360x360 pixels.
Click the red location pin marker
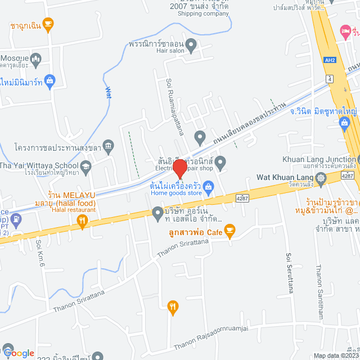pyautogui.click(x=179, y=168)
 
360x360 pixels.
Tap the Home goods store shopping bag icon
pyautogui.click(x=208, y=185)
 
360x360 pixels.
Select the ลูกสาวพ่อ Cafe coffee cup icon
pyautogui.click(x=229, y=229)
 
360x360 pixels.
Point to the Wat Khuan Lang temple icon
pyautogui.click(x=321, y=179)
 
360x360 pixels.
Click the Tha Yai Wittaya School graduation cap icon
pyautogui.click(x=85, y=166)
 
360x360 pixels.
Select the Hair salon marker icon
pyautogui.click(x=191, y=43)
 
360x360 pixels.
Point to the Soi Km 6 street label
pyautogui.click(x=39, y=253)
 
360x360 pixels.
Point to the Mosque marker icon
pyautogui.click(x=35, y=58)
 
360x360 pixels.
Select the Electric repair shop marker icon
pyautogui.click(x=220, y=163)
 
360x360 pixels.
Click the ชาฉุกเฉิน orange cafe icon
pyautogui.click(x=48, y=24)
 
